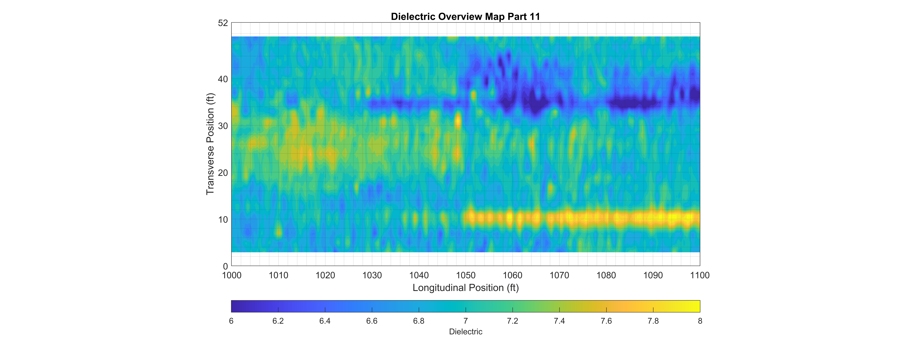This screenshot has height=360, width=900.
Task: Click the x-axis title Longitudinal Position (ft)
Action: (465, 288)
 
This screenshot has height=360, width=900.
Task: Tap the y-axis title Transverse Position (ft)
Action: (210, 144)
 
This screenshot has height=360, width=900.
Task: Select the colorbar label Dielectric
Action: (465, 332)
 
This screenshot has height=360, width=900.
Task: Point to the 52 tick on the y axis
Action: (223, 23)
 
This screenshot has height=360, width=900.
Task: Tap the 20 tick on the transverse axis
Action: (223, 173)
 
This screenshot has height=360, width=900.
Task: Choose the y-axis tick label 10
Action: (223, 220)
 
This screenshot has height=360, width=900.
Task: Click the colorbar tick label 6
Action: (231, 321)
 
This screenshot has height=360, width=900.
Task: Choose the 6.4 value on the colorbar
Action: (325, 321)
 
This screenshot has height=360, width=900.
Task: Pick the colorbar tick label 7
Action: (466, 321)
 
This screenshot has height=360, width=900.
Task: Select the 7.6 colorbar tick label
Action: (606, 321)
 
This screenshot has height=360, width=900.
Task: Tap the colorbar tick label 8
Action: (700, 321)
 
